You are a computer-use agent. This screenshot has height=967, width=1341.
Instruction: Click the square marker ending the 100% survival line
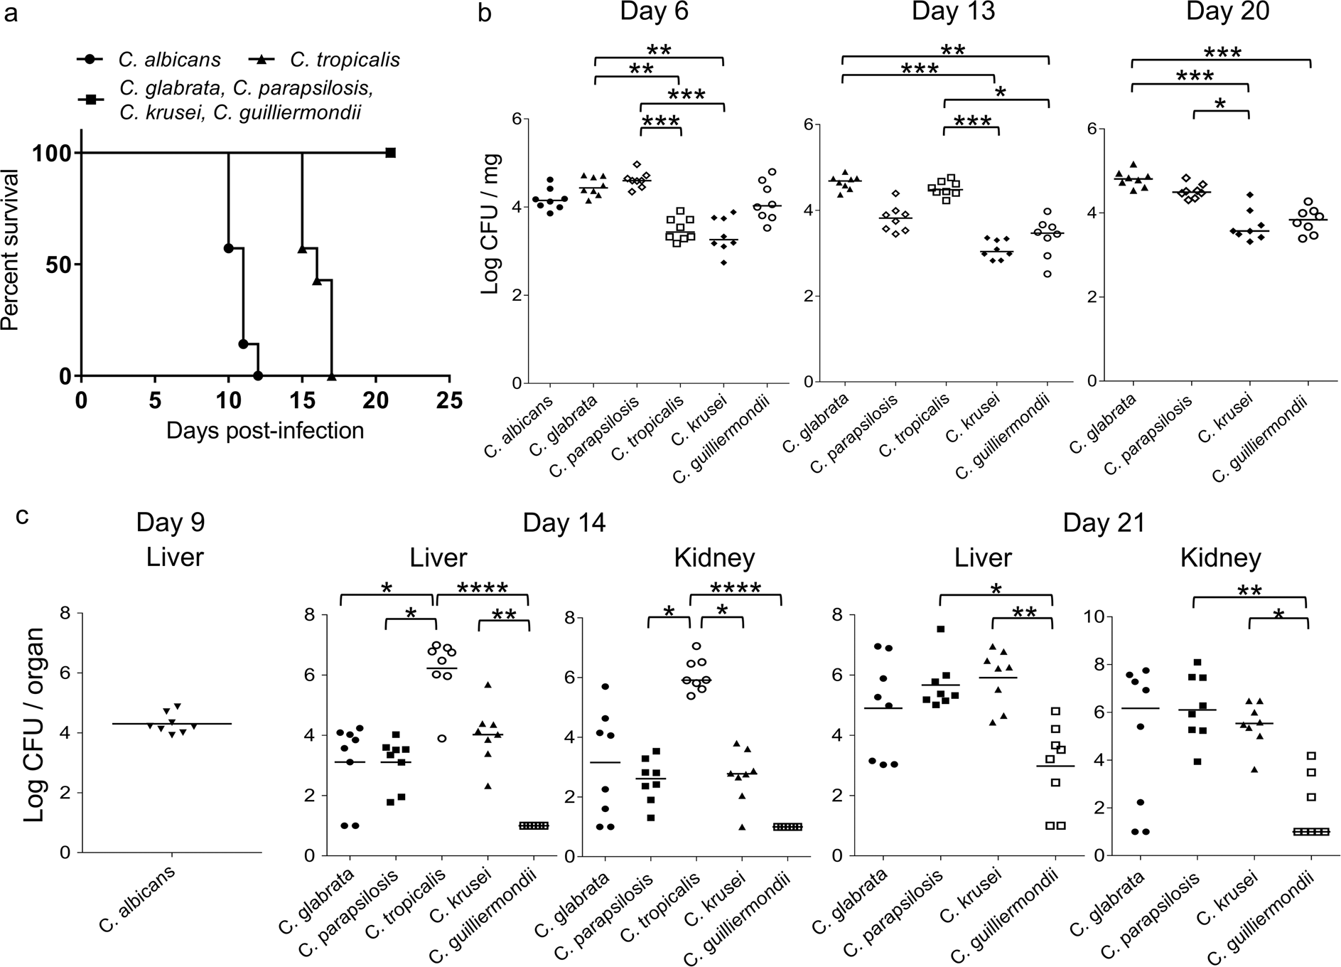[x=390, y=153]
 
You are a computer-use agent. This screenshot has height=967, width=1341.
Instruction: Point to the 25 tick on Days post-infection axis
[x=448, y=400]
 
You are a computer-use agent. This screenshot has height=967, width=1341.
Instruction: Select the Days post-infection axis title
[x=264, y=430]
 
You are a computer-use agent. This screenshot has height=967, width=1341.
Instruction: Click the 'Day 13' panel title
[x=952, y=12]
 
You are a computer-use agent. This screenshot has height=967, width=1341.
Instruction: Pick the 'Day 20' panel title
[x=1227, y=12]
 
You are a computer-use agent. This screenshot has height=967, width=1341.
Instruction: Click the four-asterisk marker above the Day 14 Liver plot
[x=483, y=588]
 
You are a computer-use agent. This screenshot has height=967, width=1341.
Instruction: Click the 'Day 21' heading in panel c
[x=1104, y=523]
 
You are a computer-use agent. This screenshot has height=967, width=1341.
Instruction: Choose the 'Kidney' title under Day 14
[x=713, y=558]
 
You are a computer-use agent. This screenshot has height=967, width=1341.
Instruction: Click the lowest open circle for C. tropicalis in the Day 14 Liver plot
[x=441, y=739]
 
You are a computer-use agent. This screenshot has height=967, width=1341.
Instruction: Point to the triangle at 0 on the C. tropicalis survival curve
[x=331, y=375]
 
